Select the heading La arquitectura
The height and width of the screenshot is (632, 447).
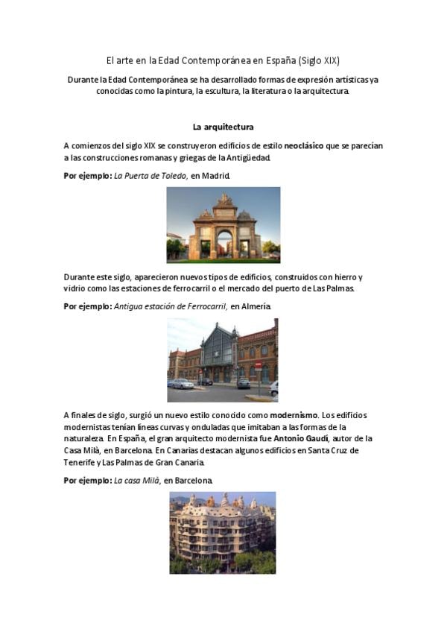223,127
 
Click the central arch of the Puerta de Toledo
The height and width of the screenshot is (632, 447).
223,241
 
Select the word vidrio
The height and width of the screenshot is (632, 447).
75,288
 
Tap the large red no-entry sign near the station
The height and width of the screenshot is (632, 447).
258,366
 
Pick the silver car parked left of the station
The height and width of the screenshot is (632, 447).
181,384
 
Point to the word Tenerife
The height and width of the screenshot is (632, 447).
81,463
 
